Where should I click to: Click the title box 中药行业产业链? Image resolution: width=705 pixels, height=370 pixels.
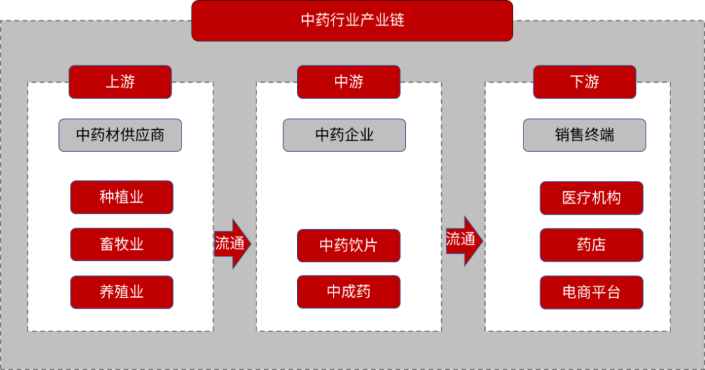[352, 20]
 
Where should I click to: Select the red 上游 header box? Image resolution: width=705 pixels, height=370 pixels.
[120, 82]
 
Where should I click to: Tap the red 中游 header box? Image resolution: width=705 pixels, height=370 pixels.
[349, 82]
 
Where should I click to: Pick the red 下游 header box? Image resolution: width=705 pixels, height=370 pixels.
[584, 82]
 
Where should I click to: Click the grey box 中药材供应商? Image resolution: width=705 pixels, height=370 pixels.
[120, 135]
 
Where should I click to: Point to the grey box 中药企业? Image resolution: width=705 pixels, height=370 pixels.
[344, 135]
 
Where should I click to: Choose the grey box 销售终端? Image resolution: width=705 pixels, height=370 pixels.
[584, 135]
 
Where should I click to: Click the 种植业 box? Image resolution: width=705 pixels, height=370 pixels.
[121, 197]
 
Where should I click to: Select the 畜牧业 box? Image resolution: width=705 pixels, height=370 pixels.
[121, 244]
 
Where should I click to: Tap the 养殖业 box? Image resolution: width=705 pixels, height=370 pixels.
[121, 292]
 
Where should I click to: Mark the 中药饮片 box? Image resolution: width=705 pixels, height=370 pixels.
[349, 245]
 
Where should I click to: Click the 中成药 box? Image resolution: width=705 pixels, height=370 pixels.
[349, 292]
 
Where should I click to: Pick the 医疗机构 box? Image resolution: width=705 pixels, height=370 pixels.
[591, 198]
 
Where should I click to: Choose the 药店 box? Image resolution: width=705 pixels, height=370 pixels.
[591, 245]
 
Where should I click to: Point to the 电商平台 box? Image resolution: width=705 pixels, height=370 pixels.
[591, 292]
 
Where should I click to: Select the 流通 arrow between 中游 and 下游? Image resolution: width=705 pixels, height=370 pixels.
[463, 240]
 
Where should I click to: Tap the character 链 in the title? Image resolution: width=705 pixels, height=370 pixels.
[397, 20]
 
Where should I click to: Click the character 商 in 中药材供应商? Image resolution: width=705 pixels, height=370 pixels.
[157, 135]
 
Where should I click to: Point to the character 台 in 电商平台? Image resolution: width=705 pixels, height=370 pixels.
[613, 292]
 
